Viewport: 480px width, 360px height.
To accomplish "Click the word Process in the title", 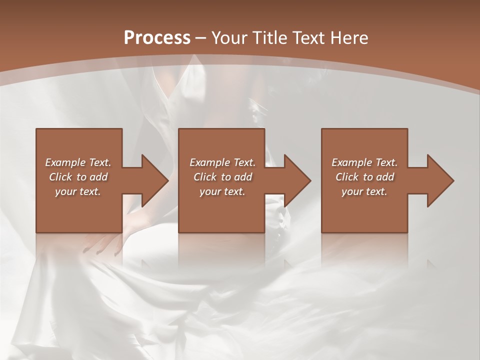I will (x=157, y=38).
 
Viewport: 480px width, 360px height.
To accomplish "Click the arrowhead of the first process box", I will (x=154, y=180).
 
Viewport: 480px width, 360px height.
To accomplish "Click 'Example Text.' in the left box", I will (x=78, y=162).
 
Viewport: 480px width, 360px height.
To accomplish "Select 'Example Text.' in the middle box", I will (x=222, y=162).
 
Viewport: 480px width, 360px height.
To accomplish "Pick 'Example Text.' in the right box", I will (x=364, y=162).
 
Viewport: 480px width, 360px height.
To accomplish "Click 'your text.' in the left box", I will (x=78, y=191).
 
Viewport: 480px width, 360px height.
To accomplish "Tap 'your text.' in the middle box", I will (x=222, y=191).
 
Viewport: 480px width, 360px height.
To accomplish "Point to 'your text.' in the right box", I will (x=364, y=191).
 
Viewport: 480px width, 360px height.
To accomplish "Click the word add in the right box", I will (x=384, y=177).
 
